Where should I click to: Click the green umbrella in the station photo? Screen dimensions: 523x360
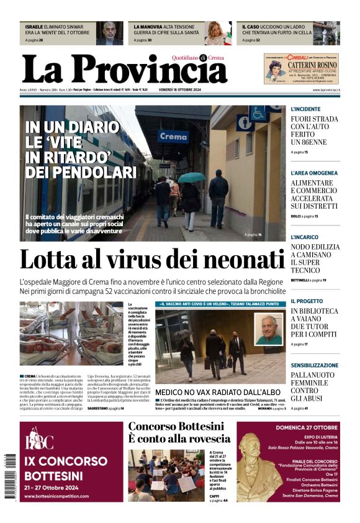[x=191, y=178]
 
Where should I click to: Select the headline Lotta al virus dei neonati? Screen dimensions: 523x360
[x=152, y=260]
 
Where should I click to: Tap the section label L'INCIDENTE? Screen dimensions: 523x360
[x=306, y=109]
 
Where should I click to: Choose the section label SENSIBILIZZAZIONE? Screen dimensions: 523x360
[x=315, y=365]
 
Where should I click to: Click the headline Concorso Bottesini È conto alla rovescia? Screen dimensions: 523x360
[x=179, y=432]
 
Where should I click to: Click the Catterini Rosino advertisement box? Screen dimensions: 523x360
[x=302, y=68]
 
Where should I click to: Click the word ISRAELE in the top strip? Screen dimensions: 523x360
[x=34, y=27]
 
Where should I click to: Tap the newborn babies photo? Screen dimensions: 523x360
[x=71, y=334]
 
